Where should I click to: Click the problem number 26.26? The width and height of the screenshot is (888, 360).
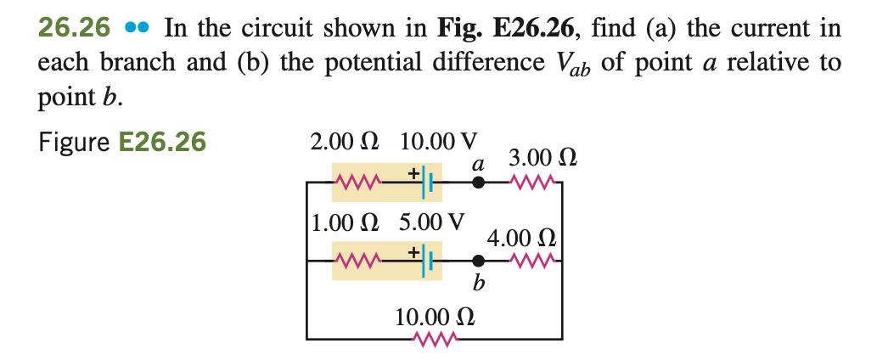coord(75,29)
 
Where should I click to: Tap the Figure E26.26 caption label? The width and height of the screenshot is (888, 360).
coord(122,142)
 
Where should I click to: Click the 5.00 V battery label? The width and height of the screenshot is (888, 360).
coord(432,222)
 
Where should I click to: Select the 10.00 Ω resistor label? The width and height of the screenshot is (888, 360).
coord(435,318)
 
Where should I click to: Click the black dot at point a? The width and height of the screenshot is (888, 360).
coord(479,181)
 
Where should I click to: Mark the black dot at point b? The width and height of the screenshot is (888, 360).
coord(479,262)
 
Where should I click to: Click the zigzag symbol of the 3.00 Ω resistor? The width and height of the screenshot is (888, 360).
coord(533,181)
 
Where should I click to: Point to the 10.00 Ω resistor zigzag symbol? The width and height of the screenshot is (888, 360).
coord(434,340)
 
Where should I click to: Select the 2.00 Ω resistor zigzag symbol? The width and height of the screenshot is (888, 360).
coord(357,181)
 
